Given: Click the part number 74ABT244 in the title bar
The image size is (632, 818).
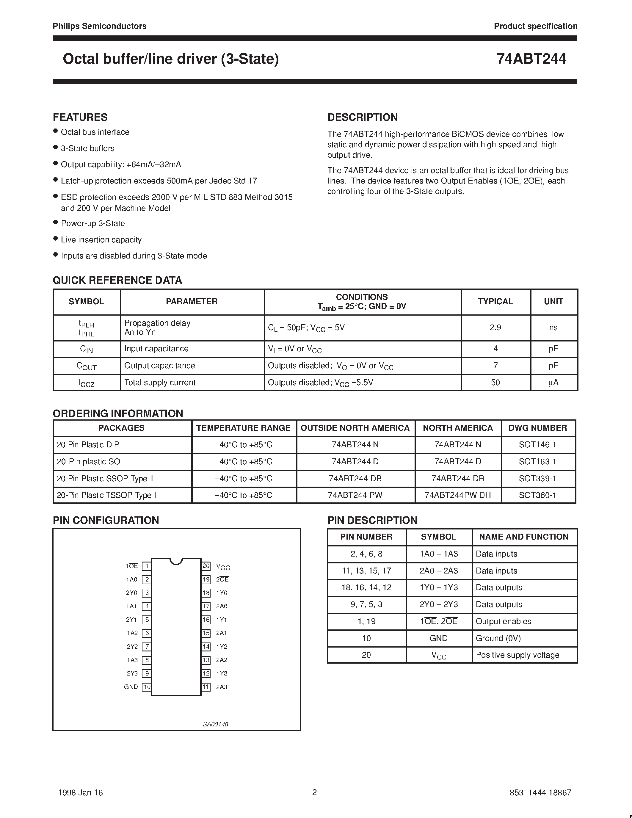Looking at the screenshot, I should pos(531,59).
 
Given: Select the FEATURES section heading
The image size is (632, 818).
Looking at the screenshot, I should pos(80,117).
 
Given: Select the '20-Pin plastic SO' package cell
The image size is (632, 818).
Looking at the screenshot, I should pos(88,461).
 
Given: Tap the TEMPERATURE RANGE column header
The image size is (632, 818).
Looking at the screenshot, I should pos(243,428).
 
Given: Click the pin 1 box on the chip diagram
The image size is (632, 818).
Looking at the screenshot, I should pos(147,566).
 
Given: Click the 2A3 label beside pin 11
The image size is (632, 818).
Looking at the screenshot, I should pos(222,687).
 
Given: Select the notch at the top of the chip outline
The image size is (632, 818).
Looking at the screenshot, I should pos(176,561).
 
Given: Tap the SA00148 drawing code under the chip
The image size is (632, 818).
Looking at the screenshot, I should pos(216,724).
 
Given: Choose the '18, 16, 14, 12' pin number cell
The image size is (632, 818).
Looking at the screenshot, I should pos(366,587).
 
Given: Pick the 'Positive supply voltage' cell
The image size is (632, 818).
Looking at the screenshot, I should pos(517,655).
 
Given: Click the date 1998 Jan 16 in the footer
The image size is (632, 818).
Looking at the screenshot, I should pos(81,792).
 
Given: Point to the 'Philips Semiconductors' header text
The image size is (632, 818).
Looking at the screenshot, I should pos(100,26).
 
